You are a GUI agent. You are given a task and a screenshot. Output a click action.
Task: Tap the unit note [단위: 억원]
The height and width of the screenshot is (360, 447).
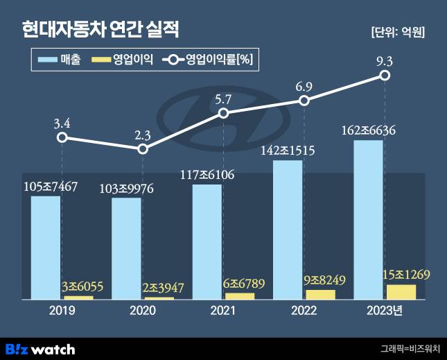[398, 32]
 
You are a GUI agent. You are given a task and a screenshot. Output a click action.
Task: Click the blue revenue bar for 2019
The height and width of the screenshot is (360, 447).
[46, 247]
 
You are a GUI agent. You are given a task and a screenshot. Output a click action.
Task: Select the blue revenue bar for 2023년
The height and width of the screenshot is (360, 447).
[367, 219]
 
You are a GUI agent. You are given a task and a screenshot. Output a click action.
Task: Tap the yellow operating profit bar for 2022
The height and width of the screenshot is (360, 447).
[320, 294]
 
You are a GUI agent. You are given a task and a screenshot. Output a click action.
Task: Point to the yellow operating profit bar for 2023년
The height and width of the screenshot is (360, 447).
[401, 291]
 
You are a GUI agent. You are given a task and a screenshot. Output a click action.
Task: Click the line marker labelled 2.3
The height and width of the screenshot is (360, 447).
[143, 149]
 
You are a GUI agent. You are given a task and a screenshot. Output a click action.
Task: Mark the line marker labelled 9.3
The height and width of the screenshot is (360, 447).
[384, 77]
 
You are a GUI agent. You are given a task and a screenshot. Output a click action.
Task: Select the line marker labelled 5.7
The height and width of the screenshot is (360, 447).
[223, 113]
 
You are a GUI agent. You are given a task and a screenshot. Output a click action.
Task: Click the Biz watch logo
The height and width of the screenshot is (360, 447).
[40, 348]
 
